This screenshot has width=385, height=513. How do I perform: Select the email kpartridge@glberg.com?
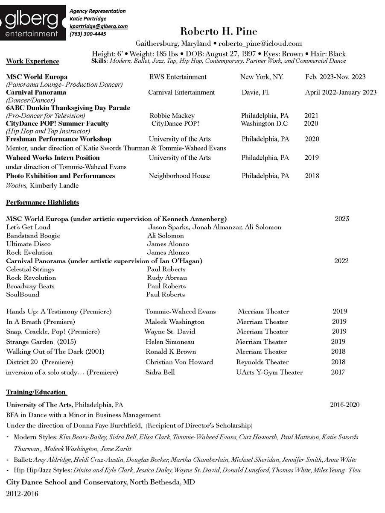coord(99,26)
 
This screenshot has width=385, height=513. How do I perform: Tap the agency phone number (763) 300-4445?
coord(88,34)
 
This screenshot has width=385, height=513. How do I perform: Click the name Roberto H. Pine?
coord(219,31)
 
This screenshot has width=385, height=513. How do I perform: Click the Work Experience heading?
coord(32,61)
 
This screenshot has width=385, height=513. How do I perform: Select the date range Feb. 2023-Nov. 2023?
coord(335,77)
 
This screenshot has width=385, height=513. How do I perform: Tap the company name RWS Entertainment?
coord(178,77)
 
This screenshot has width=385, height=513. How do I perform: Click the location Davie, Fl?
coord(255,92)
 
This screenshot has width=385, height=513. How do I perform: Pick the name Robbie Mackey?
coord(172,115)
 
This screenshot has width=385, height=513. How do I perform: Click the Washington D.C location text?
coord(264,123)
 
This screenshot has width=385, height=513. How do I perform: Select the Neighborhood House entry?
coord(179,176)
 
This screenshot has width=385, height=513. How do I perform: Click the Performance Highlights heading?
coord(42,202)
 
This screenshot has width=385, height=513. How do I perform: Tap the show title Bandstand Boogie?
coord(33,235)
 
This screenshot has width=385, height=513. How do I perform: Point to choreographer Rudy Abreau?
coord(167,278)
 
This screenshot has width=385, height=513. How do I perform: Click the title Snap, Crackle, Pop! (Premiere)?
coord(53,331)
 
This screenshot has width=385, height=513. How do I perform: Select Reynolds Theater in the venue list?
coord(262,362)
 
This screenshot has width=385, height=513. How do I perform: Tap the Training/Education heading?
coord(36,392)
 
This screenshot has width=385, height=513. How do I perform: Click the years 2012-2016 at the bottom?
coord(22,494)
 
